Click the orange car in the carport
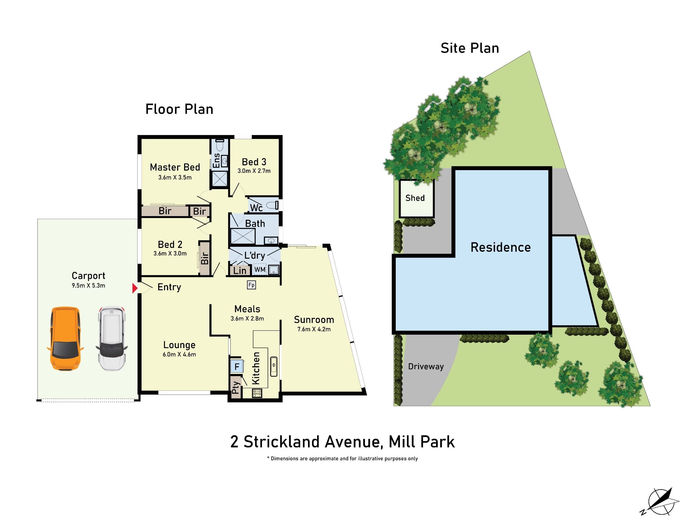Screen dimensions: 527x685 click(65, 338)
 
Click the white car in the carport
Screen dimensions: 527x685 click(112, 338)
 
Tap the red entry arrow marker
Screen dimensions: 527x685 click(135, 288)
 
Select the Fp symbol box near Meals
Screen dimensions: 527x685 click(251, 285)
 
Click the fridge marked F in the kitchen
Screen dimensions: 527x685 click(237, 366)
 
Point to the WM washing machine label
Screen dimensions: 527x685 click(260, 269)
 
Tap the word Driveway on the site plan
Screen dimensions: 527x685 click(426, 366)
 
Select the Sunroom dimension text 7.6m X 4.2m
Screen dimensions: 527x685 click(314, 329)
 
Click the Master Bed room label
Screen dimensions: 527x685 click(175, 167)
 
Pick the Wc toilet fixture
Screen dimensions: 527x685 click(272, 206)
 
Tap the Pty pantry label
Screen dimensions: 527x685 click(235, 387)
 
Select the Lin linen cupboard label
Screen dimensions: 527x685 click(240, 270)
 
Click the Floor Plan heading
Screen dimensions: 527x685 click(179, 109)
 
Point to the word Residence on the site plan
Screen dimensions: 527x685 click(501, 247)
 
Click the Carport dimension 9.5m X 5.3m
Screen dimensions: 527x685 click(89, 286)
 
